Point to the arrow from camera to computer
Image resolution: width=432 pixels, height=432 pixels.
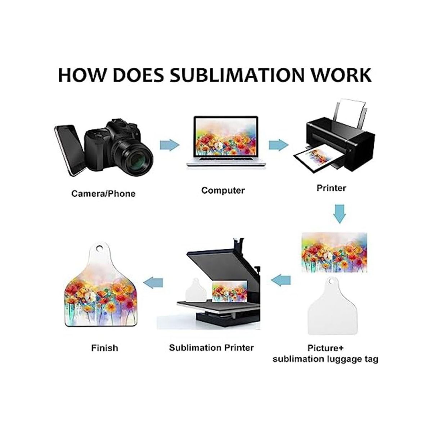pyautogui.click(x=169, y=145)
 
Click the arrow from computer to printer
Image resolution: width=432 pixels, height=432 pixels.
pyautogui.click(x=278, y=145)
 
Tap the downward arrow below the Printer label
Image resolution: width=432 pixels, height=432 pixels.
pyautogui.click(x=339, y=213)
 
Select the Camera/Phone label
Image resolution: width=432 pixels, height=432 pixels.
pyautogui.click(x=103, y=194)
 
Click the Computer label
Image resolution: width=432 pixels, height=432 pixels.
pyautogui.click(x=223, y=190)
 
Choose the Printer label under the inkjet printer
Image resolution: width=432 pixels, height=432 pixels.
pyautogui.click(x=331, y=188)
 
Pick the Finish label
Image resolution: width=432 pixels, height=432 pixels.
pyautogui.click(x=104, y=348)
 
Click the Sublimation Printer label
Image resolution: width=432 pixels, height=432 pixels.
pyautogui.click(x=211, y=347)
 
